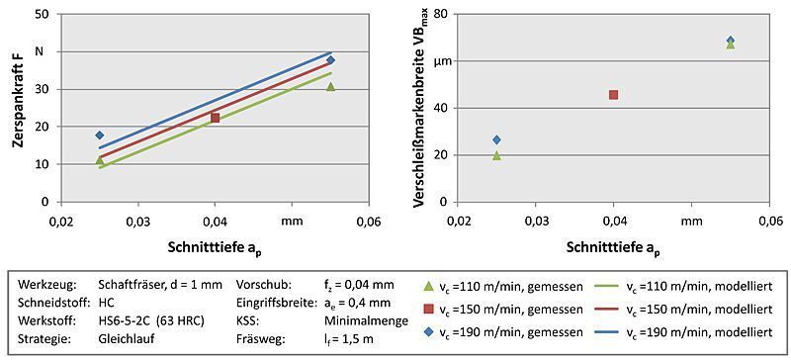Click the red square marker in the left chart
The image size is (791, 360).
215,118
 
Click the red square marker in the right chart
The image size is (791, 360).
614,95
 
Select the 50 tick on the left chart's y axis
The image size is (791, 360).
43,15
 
